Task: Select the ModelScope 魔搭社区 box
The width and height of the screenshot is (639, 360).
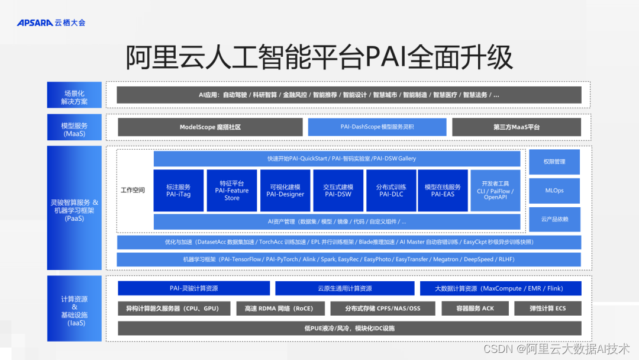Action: tap(210, 127)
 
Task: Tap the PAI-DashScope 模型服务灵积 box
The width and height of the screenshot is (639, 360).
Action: tap(377, 127)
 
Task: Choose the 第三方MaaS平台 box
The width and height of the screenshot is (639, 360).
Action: tap(517, 127)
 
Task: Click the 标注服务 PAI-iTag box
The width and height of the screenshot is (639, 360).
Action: tap(178, 191)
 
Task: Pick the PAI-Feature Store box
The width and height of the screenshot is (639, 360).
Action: tap(232, 191)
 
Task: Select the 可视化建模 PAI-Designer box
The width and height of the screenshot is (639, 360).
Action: tap(285, 191)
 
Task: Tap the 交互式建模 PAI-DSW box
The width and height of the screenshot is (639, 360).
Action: tap(338, 191)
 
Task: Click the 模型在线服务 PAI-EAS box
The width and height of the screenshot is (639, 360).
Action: tap(443, 191)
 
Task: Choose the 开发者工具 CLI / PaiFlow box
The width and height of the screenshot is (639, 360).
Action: tap(495, 191)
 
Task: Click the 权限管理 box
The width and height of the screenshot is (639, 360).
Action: tap(554, 162)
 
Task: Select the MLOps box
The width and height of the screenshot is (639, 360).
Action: tap(554, 191)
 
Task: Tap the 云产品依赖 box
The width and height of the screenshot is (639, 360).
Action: tap(554, 219)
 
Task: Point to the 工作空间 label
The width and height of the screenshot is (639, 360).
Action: tap(133, 191)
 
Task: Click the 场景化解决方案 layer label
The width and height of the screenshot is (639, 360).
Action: tap(75, 98)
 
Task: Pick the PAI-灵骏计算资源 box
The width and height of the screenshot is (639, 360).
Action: tap(193, 288)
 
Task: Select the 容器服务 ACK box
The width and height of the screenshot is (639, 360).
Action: tap(475, 308)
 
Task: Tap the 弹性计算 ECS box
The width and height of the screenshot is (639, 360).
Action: tap(547, 308)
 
